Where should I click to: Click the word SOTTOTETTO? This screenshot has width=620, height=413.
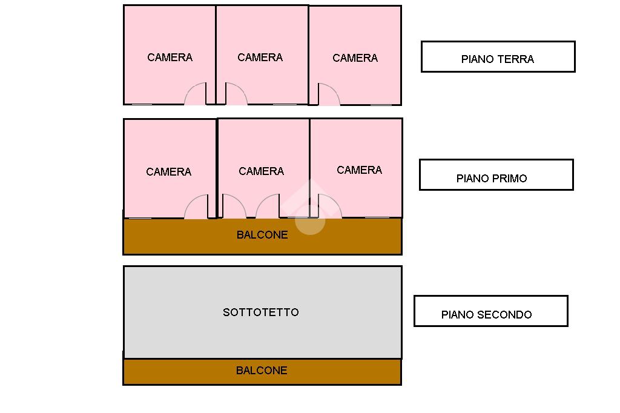click(261, 312)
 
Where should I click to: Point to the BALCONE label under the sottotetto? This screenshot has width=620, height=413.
click(262, 370)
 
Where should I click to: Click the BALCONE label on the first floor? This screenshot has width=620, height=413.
click(262, 234)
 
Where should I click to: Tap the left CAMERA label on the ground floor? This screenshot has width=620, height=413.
click(170, 58)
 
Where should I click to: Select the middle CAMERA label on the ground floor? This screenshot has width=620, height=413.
click(260, 58)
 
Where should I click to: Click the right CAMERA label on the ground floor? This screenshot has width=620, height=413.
click(355, 58)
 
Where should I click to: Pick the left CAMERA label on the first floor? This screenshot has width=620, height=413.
click(169, 172)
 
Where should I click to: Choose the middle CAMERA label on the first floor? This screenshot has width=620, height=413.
click(262, 171)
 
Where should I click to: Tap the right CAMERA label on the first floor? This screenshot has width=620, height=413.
click(360, 170)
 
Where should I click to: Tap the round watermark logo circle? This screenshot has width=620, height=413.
click(311, 220)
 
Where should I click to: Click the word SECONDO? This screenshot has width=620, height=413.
click(504, 314)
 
